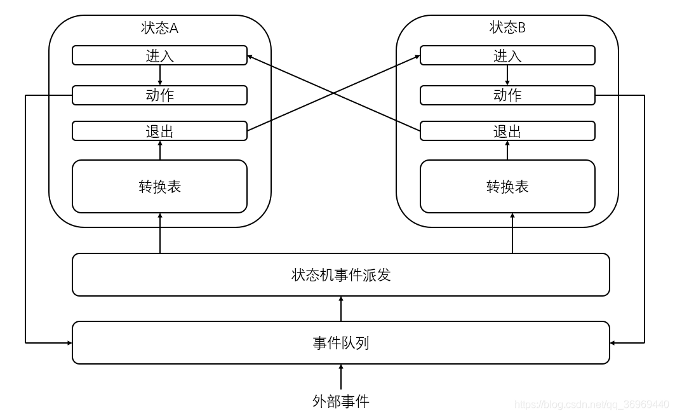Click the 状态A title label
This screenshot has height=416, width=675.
(159, 28)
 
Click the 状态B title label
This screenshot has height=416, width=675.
(507, 28)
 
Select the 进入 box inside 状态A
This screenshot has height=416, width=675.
(159, 55)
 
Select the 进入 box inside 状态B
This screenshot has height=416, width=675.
(507, 55)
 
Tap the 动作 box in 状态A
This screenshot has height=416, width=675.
(159, 95)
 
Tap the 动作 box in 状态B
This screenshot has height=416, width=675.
(507, 95)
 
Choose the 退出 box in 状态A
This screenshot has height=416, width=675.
(159, 131)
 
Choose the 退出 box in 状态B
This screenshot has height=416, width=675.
(507, 131)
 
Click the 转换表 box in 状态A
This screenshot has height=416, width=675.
(159, 186)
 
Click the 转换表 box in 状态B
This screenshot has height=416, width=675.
(507, 186)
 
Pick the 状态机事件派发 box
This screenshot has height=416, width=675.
(341, 274)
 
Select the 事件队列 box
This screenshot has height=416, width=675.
(341, 343)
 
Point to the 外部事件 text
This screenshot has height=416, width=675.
(341, 401)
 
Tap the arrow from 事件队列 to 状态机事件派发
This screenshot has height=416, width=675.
(341, 309)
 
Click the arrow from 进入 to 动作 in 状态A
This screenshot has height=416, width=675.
(160, 75)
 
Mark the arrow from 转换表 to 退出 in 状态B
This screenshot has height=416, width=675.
(507, 150)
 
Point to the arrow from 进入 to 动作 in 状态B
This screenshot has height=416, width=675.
(507, 75)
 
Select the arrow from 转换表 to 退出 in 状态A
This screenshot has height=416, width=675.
(160, 150)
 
